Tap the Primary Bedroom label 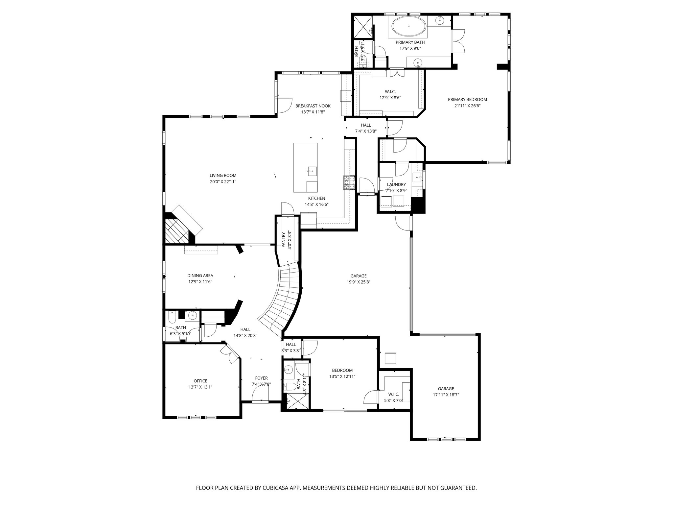click(x=467, y=100)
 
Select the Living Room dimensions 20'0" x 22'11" click(x=223, y=181)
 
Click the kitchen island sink click(x=312, y=170)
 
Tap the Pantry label click(x=284, y=240)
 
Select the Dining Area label click(x=200, y=276)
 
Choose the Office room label click(x=200, y=381)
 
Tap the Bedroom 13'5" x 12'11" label click(x=342, y=370)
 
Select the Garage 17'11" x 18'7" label click(x=446, y=389)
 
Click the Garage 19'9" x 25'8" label click(x=358, y=276)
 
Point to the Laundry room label click(x=396, y=184)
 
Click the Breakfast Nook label click(x=313, y=106)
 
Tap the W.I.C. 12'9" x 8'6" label click(x=390, y=91)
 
